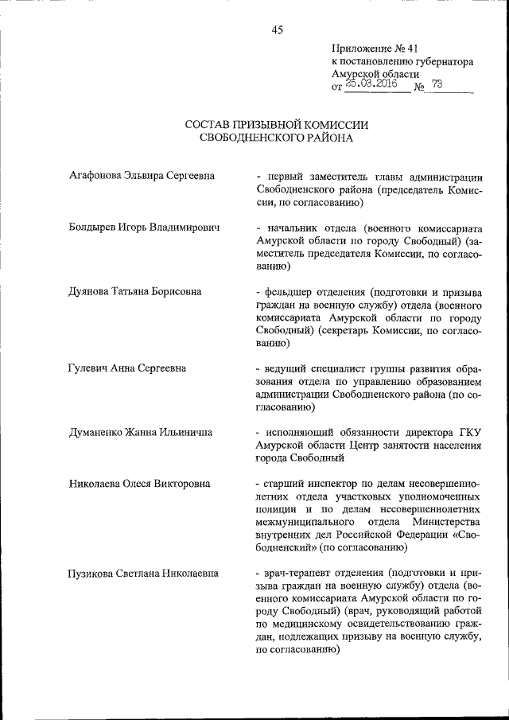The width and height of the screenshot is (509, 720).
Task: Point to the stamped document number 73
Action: click(x=437, y=84)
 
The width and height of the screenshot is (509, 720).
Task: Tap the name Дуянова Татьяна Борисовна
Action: click(x=134, y=292)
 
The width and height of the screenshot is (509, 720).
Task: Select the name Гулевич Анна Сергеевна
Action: click(x=128, y=368)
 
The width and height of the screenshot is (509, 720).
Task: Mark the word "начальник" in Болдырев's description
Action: click(x=291, y=228)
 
